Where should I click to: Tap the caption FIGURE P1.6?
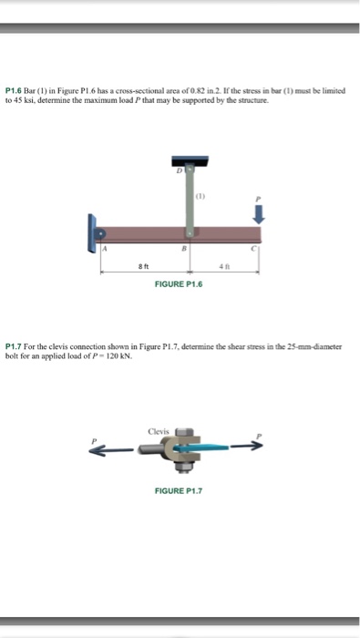click(180, 284)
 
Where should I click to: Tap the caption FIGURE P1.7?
click(180, 489)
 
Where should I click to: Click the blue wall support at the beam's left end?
click(94, 233)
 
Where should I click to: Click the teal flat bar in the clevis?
click(206, 448)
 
